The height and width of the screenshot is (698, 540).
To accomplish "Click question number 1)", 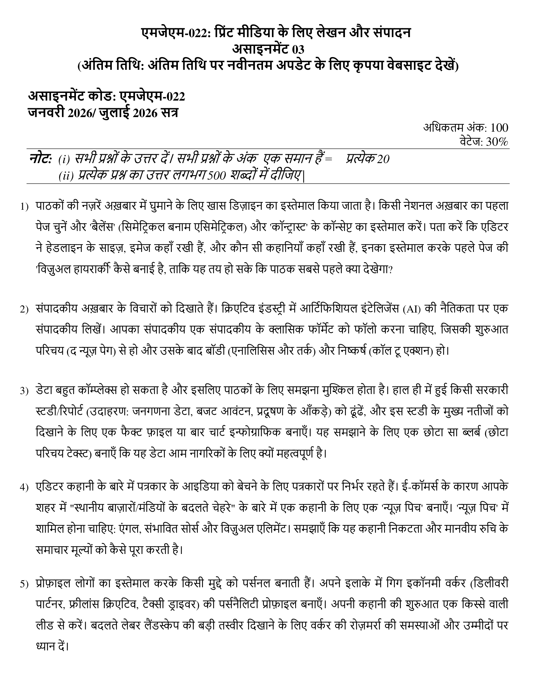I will (x=24, y=207).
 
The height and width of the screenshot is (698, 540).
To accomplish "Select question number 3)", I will (x=24, y=392).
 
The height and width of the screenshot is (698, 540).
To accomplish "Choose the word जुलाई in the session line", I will (x=114, y=113).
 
